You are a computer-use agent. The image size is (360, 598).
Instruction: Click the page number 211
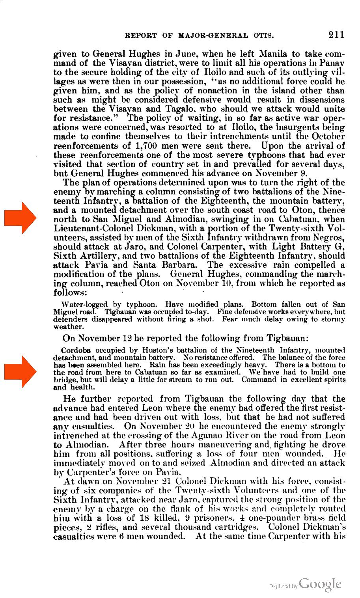(x=336, y=35)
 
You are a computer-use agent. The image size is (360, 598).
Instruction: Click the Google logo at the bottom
(x=320, y=584)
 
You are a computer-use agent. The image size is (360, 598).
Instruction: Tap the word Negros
(x=330, y=238)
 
